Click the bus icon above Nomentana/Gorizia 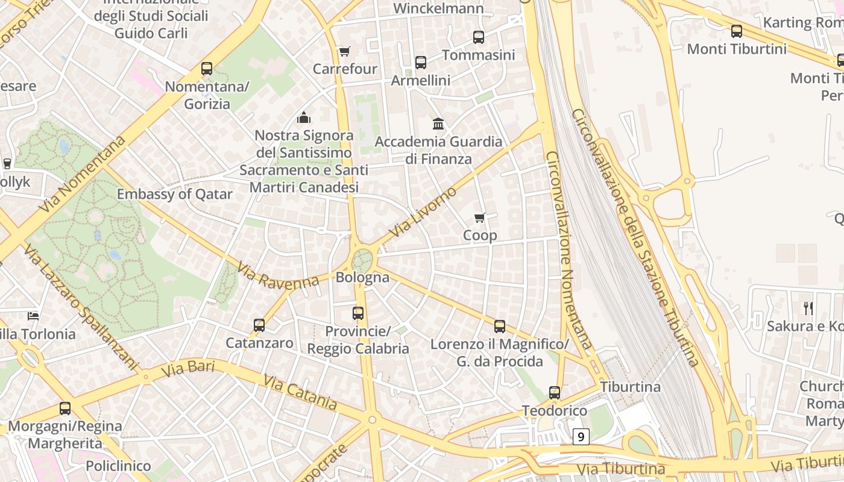pyautogui.click(x=207, y=69)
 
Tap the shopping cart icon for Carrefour pyautogui.click(x=344, y=52)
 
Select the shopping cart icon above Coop pyautogui.click(x=480, y=218)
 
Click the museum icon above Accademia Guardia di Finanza pyautogui.click(x=438, y=124)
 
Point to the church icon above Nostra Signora pyautogui.click(x=304, y=117)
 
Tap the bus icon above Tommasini pyautogui.click(x=479, y=37)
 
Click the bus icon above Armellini pyautogui.click(x=421, y=63)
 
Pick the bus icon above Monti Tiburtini pyautogui.click(x=737, y=31)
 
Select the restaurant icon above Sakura pyautogui.click(x=808, y=308)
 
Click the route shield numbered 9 pyautogui.click(x=581, y=437)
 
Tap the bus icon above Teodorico pyautogui.click(x=555, y=393)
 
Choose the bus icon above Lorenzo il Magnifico pyautogui.click(x=500, y=327)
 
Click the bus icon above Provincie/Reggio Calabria pyautogui.click(x=358, y=313)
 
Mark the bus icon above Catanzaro pyautogui.click(x=259, y=325)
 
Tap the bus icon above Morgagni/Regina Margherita pyautogui.click(x=65, y=408)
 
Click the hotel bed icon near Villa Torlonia pyautogui.click(x=34, y=316)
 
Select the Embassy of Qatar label pyautogui.click(x=174, y=194)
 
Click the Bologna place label pyautogui.click(x=362, y=278)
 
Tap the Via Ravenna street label pyautogui.click(x=277, y=275)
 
